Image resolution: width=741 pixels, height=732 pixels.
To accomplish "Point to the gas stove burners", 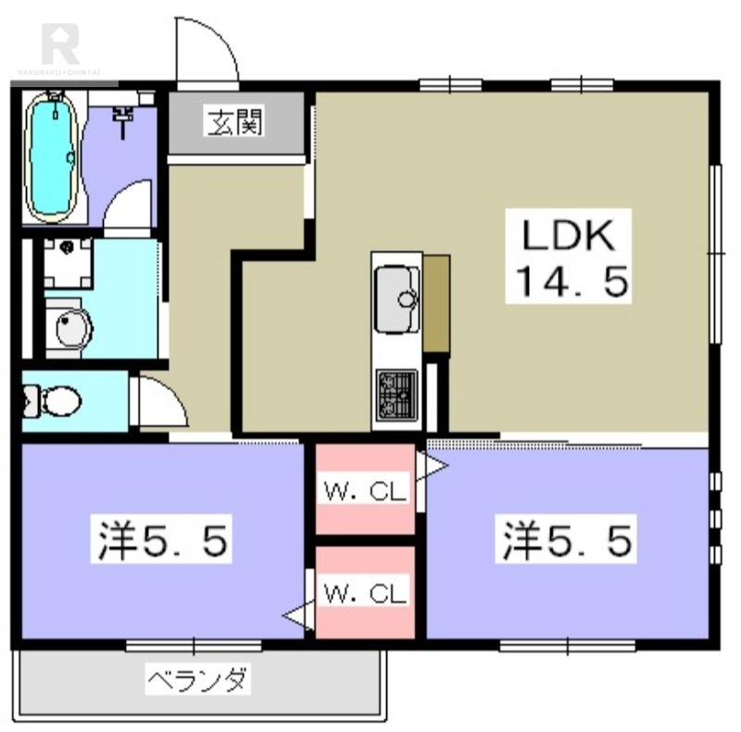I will tap(396, 393).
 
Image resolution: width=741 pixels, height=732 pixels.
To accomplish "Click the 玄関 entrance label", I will tap(234, 121).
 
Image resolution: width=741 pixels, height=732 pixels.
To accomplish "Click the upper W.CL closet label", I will tap(365, 492).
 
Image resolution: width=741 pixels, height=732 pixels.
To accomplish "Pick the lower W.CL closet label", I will tap(365, 594).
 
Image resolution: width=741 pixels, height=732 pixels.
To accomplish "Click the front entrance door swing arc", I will tap(207, 52).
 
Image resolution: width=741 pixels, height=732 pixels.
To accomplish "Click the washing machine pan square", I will tap(67, 263).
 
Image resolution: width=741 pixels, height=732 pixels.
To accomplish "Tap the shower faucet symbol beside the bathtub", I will tap(121, 115).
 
